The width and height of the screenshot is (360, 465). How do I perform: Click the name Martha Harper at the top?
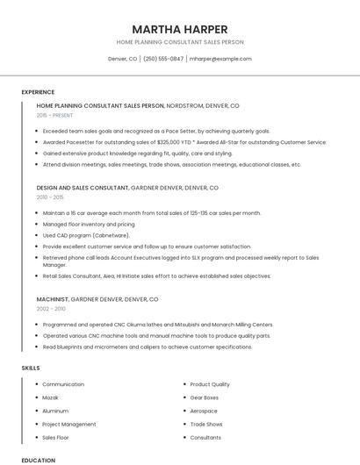coord(180,29)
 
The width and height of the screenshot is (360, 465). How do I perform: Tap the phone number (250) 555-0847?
coord(163,59)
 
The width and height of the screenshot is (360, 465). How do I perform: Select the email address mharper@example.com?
coord(220,59)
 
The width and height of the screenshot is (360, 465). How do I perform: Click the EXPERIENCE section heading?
coord(38,91)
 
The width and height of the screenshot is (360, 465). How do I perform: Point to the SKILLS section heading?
coord(31,368)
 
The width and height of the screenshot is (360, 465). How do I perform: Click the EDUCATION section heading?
coord(38,460)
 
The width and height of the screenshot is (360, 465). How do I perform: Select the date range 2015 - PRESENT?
coord(54,115)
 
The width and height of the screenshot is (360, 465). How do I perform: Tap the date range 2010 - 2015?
coord(50,197)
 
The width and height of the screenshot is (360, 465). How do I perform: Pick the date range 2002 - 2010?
coord(51,309)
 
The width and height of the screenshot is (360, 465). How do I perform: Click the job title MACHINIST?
coord(52,299)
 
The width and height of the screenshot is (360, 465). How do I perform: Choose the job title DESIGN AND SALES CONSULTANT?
coord(83,188)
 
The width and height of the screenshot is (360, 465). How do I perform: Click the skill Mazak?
coord(51,397)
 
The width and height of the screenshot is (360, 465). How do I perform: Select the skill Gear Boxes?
coord(205,397)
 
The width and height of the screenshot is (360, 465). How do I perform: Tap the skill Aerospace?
coord(204,411)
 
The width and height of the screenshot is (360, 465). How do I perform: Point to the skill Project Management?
coord(68,424)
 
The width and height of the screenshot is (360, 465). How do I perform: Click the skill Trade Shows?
coord(206,424)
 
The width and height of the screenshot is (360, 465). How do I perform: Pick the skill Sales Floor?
coord(55,437)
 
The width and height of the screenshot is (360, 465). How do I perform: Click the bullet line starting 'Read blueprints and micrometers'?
coord(148,347)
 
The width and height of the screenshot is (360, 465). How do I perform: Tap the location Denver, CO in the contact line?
coord(122,59)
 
